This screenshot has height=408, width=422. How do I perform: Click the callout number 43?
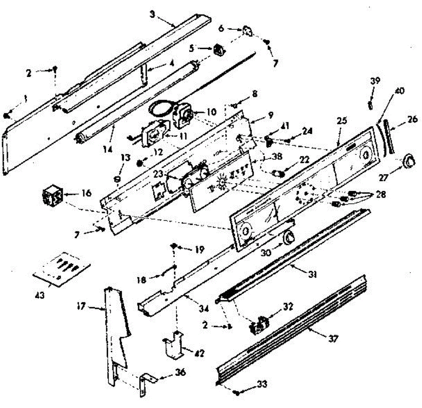tap(40, 295)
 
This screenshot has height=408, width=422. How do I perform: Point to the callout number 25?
tap(341, 121)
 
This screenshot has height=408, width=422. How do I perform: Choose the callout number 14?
tap(108, 149)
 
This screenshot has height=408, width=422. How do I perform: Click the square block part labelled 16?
tap(52, 197)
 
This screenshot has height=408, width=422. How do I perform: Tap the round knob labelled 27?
tap(408, 162)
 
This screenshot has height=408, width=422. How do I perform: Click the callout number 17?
tap(81, 306)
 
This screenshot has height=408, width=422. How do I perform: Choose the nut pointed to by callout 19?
tap(174, 245)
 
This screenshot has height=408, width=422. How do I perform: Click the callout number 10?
tap(211, 112)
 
